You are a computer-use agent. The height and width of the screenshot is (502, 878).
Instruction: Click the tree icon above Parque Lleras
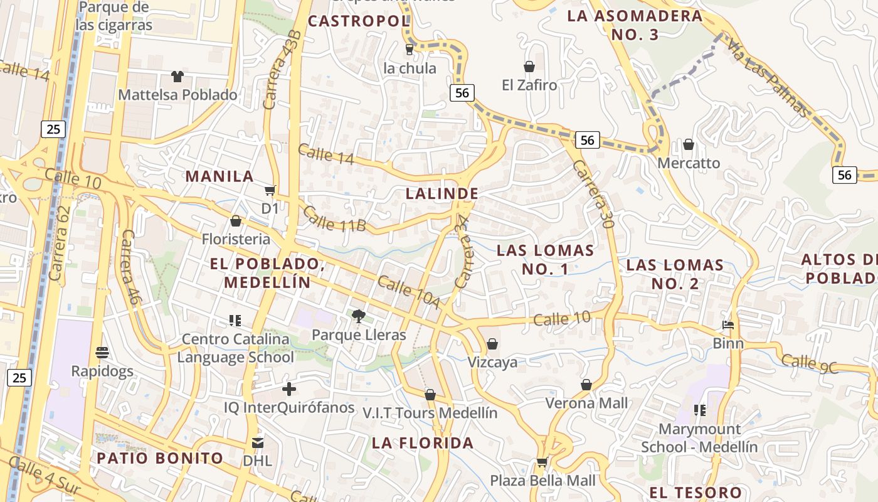coord(358,316)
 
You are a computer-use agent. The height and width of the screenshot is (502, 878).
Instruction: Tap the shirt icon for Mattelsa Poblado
coord(177,77)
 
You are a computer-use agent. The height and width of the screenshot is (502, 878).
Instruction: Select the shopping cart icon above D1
coord(270,190)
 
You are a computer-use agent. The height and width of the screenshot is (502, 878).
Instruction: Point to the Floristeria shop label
coord(236,239)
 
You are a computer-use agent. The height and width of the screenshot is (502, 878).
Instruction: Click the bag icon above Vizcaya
coord(492,344)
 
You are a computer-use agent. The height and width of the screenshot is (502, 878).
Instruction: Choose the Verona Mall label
coord(586,403)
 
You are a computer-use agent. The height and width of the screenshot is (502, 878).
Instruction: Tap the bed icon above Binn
coord(728,325)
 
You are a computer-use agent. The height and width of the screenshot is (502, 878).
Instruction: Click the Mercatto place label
coord(689,163)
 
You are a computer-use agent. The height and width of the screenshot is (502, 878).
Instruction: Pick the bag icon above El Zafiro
coord(529,67)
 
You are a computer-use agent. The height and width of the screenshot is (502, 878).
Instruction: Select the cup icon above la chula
coord(410,49)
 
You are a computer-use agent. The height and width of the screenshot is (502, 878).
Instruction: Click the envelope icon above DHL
coord(257,443)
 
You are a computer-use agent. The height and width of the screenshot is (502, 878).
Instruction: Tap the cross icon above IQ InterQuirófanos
coord(289,389)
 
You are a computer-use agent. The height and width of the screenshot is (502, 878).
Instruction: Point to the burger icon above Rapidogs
coord(102,352)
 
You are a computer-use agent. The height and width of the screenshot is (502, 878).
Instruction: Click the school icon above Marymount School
coord(700,410)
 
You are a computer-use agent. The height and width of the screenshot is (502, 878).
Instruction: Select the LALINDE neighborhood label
coord(442,194)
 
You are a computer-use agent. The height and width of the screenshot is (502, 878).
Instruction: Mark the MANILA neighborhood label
coord(219,176)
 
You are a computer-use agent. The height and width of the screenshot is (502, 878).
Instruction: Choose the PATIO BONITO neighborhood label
coord(159,458)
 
